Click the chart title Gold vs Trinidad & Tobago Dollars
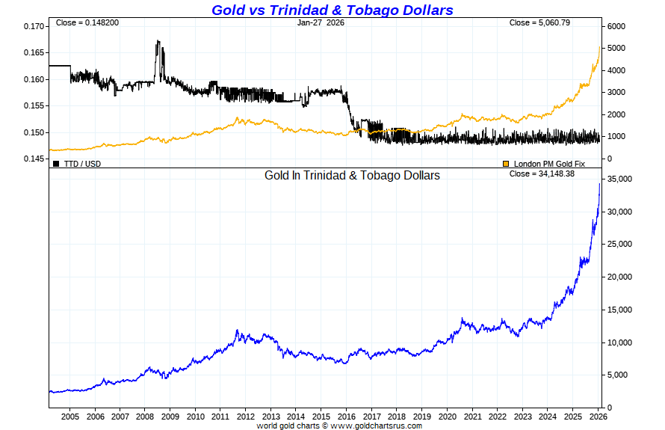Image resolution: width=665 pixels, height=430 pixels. click(332, 10)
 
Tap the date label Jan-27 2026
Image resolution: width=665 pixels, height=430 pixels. click(320, 22)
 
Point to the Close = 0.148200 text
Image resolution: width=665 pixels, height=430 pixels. click(87, 22)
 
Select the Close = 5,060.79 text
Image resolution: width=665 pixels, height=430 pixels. click(539, 22)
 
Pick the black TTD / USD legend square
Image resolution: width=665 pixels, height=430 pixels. click(56, 163)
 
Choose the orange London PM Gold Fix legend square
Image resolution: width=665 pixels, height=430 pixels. click(506, 163)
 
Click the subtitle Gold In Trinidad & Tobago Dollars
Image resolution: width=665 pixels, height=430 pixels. click(352, 175)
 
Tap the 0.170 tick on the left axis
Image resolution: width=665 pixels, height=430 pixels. click(34, 26)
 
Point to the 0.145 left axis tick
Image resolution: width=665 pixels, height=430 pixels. click(34, 159)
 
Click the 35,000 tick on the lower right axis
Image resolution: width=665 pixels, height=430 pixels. click(619, 179)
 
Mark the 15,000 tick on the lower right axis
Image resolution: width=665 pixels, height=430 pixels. click(619, 310)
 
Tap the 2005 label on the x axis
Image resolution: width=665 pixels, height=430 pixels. click(69, 416)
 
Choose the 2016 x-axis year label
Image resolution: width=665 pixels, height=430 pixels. click(346, 416)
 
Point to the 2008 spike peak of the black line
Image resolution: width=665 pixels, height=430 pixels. click(158, 42)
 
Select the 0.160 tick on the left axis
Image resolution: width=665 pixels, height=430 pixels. click(34, 79)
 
